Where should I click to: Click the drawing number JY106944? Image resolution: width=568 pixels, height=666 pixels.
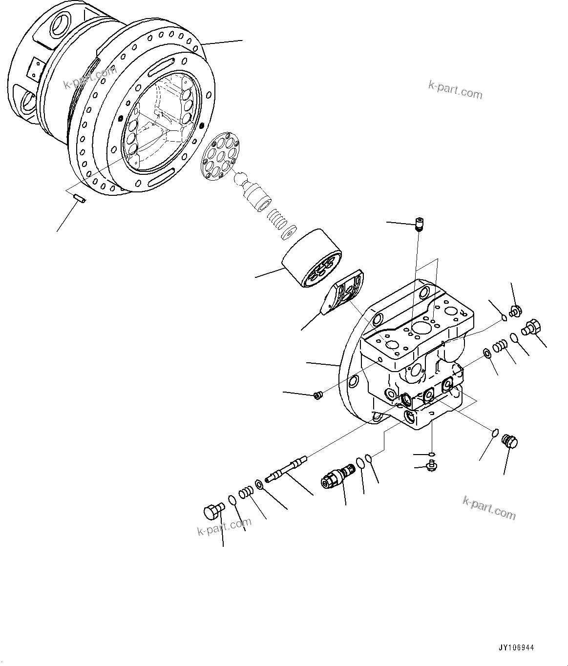pyautogui.click(x=516, y=647)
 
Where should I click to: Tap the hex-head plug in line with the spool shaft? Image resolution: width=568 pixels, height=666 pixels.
pyautogui.click(x=213, y=511)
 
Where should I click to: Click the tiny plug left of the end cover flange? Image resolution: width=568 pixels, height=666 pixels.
pyautogui.click(x=317, y=395)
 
